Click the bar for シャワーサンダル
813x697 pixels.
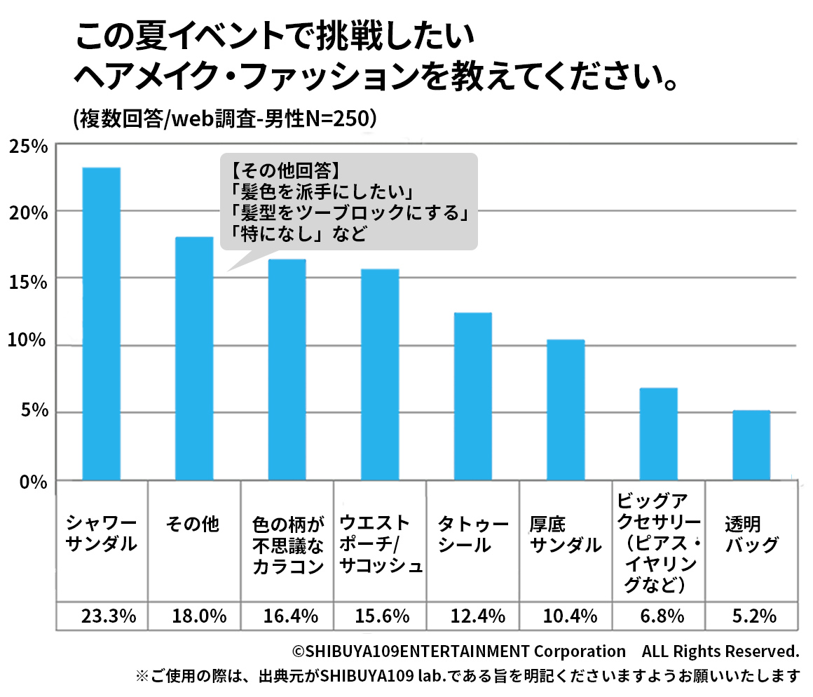tap(101, 323)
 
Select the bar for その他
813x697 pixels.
tap(194, 358)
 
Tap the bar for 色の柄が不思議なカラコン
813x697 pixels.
tap(287, 370)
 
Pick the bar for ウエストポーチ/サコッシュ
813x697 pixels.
tap(380, 374)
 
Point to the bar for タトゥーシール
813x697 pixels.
tap(472, 396)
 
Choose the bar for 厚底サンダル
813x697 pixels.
tap(566, 410)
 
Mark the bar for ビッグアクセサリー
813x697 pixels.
tap(658, 433)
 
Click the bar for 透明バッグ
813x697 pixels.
tap(751, 445)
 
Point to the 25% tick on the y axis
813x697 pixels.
tap(28, 147)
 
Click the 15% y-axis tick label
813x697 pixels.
tap(28, 281)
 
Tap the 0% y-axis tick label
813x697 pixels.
tap(32, 482)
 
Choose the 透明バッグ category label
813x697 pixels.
tap(751, 534)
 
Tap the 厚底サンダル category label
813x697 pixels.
tap(566, 534)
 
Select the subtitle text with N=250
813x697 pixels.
tap(225, 119)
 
